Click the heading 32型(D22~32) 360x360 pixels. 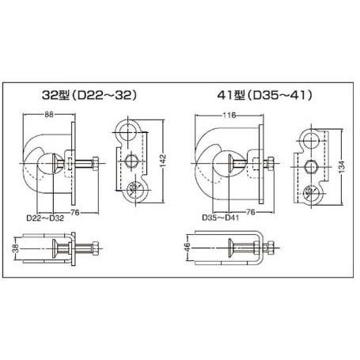[x=89, y=96]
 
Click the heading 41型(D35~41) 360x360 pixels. [x=264, y=96]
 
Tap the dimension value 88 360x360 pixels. [x=49, y=114]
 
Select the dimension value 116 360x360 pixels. [x=229, y=116]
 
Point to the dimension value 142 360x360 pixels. [x=163, y=160]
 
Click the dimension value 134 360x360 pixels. [x=342, y=167]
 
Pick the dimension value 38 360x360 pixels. [x=16, y=248]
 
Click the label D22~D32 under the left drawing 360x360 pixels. [x=45, y=218]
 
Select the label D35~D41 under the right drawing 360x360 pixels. [x=221, y=218]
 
